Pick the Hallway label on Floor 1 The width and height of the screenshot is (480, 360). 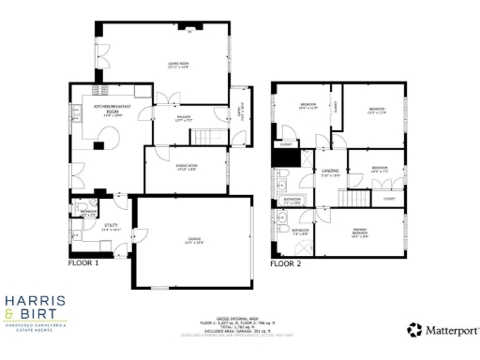(184, 119)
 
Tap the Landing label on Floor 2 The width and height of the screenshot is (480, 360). (329, 172)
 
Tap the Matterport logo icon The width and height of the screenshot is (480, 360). (413, 330)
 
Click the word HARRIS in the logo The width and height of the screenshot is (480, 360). (35, 301)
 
